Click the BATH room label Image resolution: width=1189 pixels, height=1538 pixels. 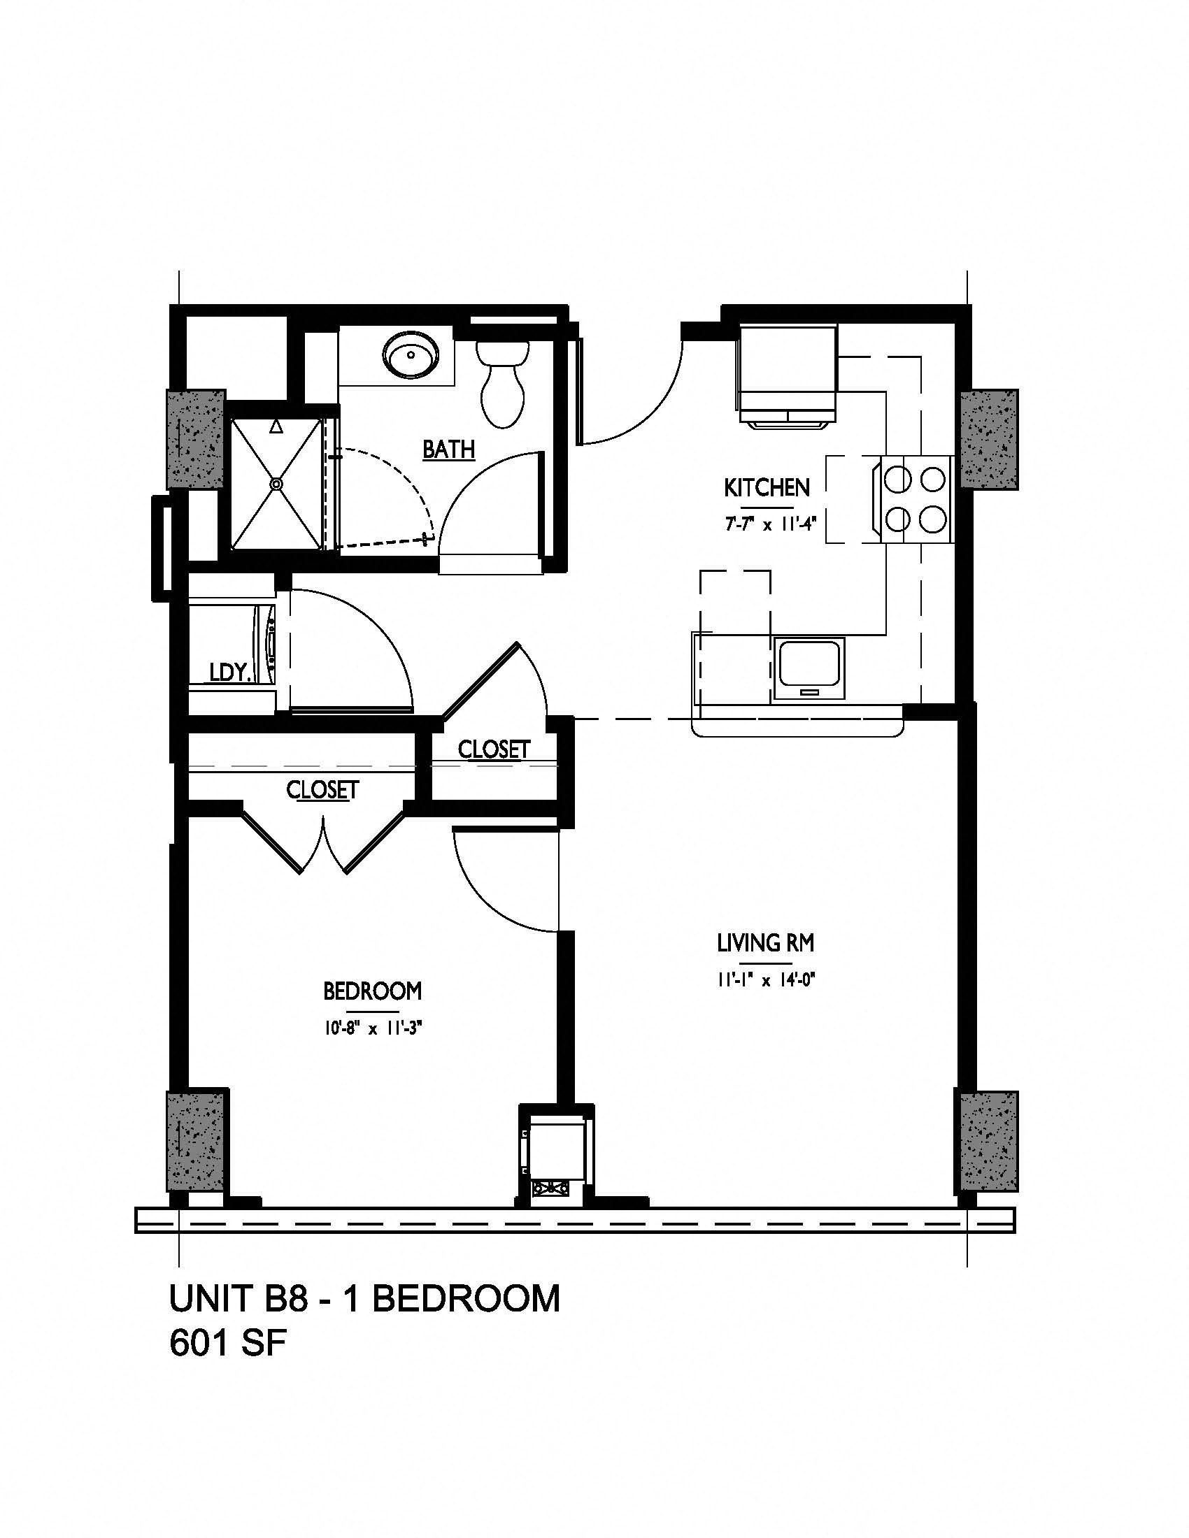pyautogui.click(x=449, y=449)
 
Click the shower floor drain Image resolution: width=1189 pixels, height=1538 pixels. pyautogui.click(x=276, y=484)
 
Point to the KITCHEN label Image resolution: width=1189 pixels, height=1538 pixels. pyautogui.click(x=767, y=487)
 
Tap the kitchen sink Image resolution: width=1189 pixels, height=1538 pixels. pyautogui.click(x=809, y=668)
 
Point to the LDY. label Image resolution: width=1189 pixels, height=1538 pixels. pyautogui.click(x=231, y=673)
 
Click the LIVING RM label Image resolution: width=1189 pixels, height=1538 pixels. pyautogui.click(x=766, y=942)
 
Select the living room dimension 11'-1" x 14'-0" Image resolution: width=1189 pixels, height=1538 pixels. pyautogui.click(x=766, y=979)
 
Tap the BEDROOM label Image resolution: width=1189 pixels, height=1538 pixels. pyautogui.click(x=373, y=991)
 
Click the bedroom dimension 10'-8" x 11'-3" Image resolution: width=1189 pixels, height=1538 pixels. pyautogui.click(x=373, y=1029)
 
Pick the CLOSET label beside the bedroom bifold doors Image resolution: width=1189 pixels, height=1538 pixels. pyautogui.click(x=322, y=790)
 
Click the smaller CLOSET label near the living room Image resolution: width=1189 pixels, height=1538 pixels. pyautogui.click(x=494, y=750)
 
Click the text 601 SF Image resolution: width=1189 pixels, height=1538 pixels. pyautogui.click(x=227, y=1344)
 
